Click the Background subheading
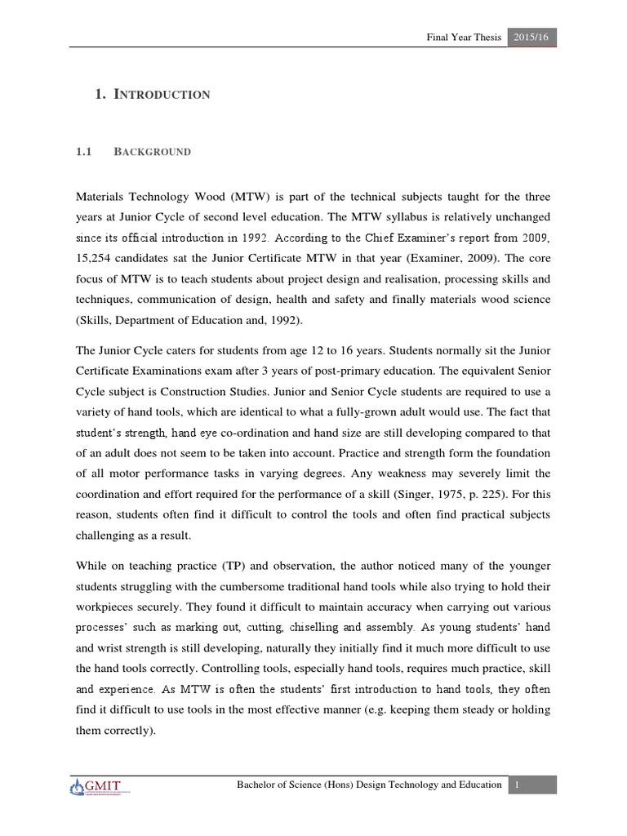point(153,152)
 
